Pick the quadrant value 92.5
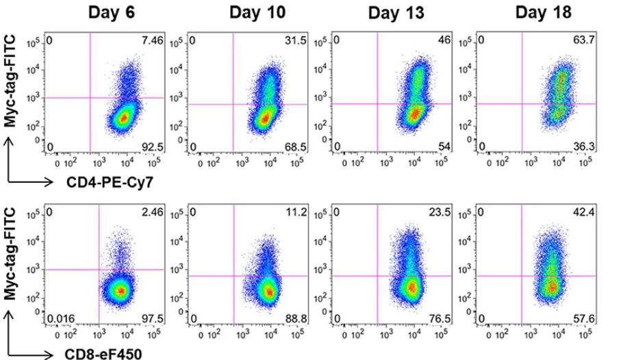coord(154,146)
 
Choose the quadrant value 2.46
coord(154,213)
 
